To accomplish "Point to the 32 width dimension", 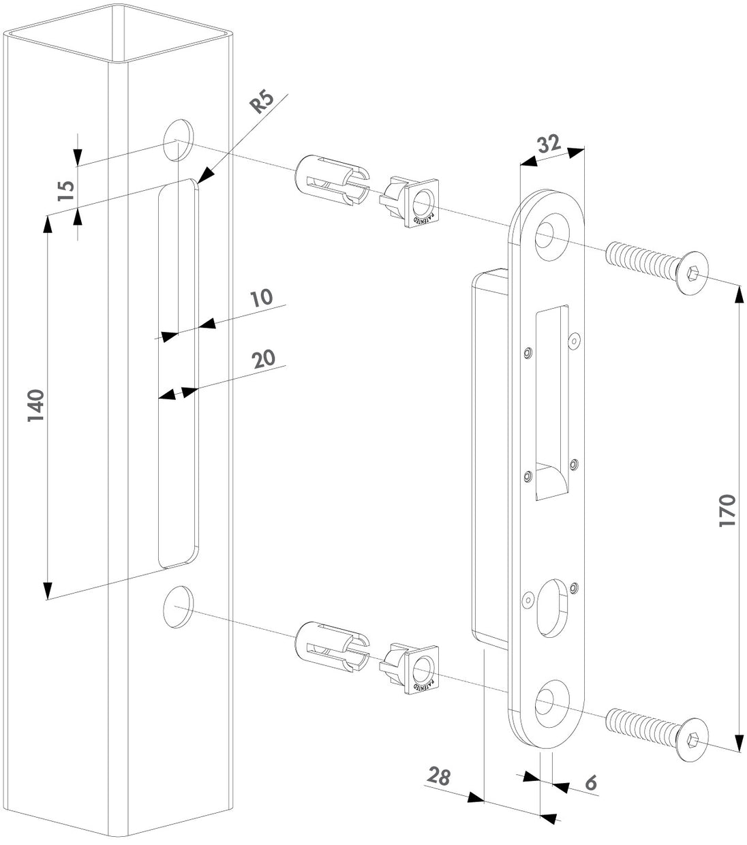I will coord(549,144).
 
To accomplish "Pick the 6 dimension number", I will coord(590,783).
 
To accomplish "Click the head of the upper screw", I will coord(690,274).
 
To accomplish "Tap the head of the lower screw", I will coord(690,738).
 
